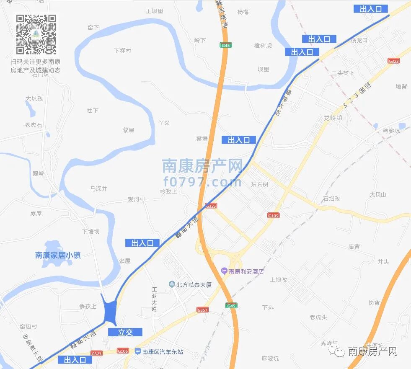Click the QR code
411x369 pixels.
point(36,34)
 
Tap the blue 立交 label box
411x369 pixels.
point(125,332)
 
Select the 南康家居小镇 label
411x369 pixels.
point(58,255)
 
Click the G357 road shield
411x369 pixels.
point(202,310)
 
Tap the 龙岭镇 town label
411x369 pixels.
point(333,118)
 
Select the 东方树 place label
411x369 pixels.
point(259,185)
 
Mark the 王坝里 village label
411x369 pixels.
point(154,11)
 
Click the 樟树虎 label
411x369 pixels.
point(263,45)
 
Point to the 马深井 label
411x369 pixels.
point(99,189)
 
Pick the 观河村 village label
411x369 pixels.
point(136,199)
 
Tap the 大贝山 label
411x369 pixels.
point(377,194)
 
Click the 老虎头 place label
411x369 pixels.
point(318,317)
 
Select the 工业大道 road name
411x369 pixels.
point(154,299)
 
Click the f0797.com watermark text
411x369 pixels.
point(203,183)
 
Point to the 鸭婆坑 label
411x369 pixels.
point(391,131)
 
